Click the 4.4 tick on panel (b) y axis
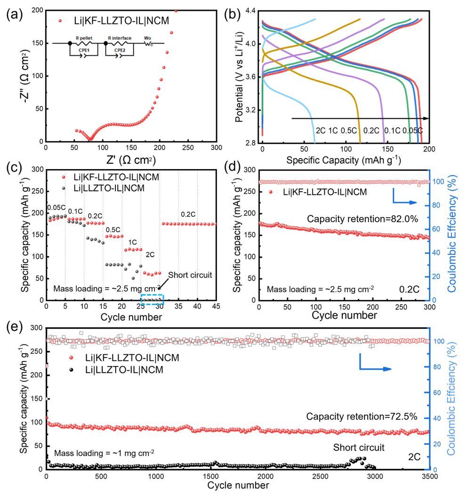(x=250, y=10)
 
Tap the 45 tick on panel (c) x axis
(x=216, y=307)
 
